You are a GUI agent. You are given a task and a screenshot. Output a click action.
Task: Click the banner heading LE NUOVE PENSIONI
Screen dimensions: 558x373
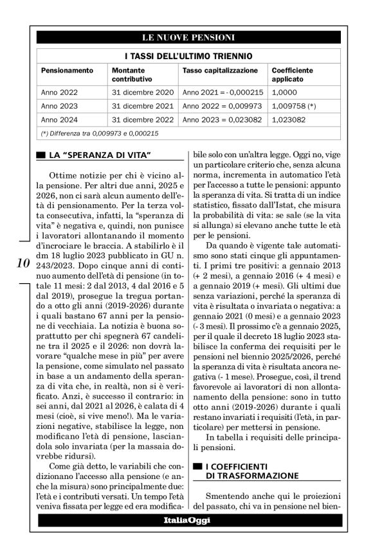tap(188, 36)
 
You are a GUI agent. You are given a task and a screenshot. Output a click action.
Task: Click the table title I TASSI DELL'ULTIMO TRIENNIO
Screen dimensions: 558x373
tap(188, 57)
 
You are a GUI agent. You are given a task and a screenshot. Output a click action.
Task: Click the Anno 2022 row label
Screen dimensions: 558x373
tap(59, 92)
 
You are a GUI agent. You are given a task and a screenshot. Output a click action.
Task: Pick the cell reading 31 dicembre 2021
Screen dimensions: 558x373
tap(143, 105)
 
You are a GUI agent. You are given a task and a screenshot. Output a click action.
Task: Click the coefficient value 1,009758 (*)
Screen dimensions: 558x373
tap(294, 105)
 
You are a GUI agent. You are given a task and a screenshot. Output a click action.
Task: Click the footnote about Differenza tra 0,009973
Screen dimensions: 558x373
tap(100, 133)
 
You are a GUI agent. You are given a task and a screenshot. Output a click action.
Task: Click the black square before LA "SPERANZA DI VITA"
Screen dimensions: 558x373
tap(41, 155)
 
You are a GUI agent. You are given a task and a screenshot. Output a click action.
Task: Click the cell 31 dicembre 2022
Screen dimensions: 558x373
tap(143, 119)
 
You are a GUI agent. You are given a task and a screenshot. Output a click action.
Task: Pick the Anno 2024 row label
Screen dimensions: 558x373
tap(59, 119)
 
